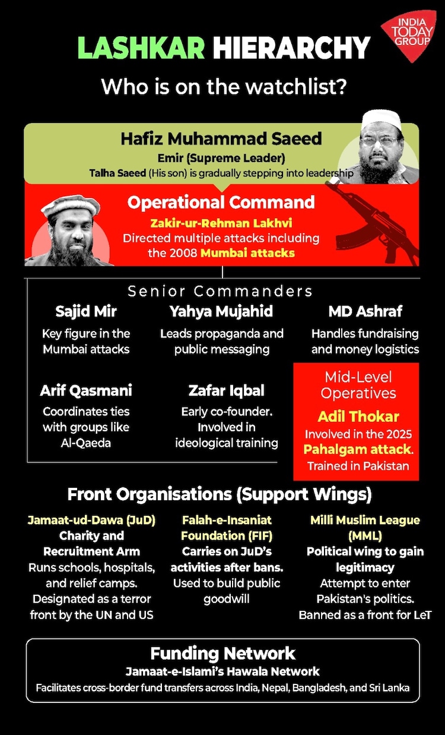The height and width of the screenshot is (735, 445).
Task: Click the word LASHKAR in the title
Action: coord(141,48)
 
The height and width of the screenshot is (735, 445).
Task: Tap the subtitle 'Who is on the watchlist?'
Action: coord(223,87)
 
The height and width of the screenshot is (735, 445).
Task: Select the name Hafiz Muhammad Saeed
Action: coord(221,139)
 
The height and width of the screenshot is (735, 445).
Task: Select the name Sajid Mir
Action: coord(86,311)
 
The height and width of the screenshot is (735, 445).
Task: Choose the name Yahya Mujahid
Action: coord(221,311)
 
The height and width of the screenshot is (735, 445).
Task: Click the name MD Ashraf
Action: coord(365,311)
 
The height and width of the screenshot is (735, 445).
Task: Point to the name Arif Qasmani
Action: coord(86,390)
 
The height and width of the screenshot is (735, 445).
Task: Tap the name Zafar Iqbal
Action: coord(227,390)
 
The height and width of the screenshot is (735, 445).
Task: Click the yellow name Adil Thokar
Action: coord(358,416)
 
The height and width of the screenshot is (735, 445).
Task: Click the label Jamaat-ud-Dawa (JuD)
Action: coord(91,520)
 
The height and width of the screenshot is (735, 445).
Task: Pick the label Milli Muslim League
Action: coord(365,520)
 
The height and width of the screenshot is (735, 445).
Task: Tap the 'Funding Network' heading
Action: coord(223,654)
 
